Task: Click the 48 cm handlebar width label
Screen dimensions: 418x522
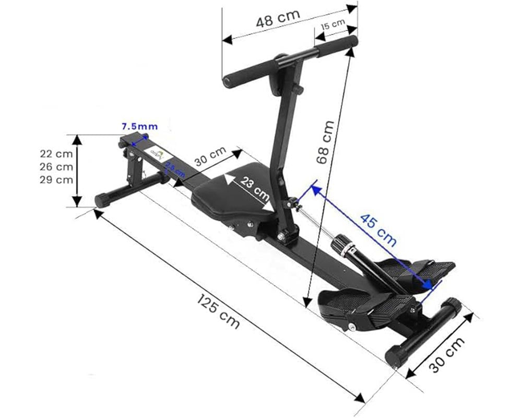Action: (x=278, y=19)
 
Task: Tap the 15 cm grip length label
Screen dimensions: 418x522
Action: (x=333, y=25)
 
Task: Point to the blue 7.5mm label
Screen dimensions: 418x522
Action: (x=139, y=126)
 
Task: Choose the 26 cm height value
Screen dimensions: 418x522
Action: (x=56, y=167)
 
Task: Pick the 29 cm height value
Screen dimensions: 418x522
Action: (x=56, y=180)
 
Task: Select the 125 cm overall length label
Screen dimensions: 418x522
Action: (x=218, y=311)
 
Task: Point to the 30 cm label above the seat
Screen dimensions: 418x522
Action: (x=211, y=156)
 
